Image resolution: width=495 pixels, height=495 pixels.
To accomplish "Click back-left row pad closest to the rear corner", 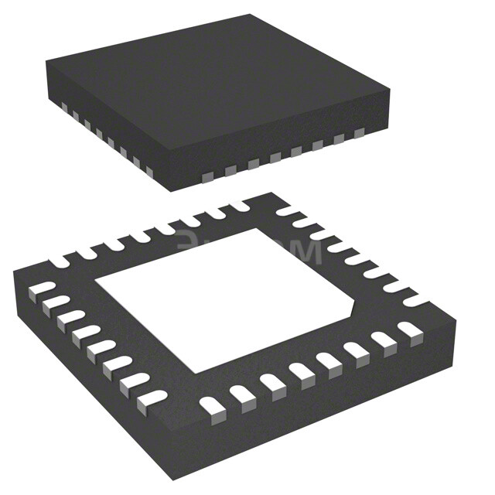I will point(237,206).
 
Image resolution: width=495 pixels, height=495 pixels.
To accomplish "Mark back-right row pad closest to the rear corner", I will point(286,210).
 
